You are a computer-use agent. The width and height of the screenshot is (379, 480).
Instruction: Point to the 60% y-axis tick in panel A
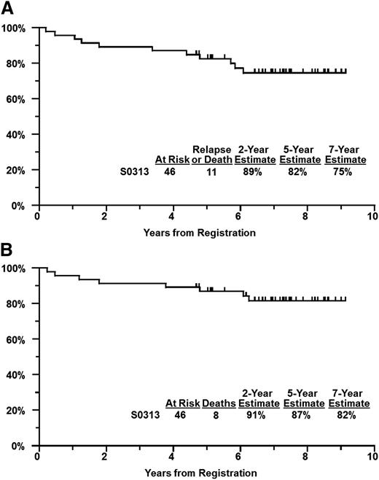point(15,98)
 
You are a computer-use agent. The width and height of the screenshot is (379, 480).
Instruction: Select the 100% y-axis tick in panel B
point(14,268)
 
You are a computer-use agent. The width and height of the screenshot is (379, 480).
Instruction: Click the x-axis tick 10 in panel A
point(372,217)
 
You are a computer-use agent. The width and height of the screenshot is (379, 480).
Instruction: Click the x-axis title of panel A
point(205,232)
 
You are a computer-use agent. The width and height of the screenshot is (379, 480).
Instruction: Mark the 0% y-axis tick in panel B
point(18,446)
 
